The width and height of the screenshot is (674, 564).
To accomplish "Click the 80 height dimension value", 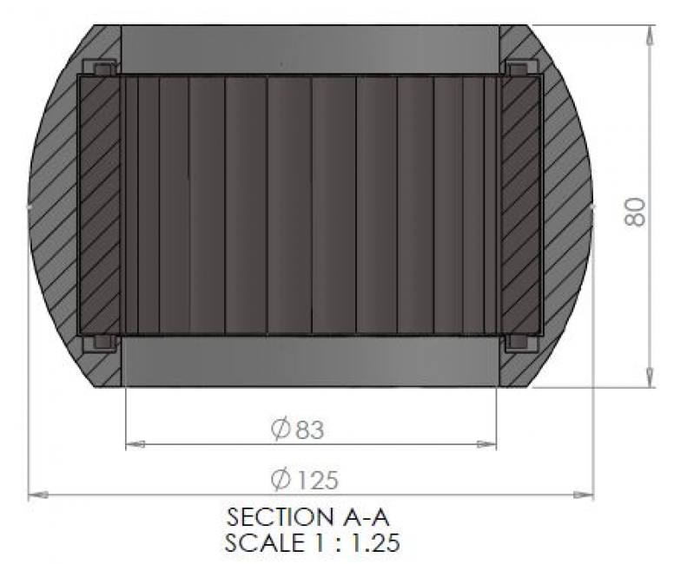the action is click(x=634, y=212).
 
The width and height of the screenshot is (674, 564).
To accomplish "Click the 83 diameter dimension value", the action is click(x=309, y=430).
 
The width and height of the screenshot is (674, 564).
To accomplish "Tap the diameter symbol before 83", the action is click(x=281, y=430).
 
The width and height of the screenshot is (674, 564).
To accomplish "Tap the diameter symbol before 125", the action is click(x=281, y=479).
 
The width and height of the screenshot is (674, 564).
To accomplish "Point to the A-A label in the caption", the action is click(x=367, y=517).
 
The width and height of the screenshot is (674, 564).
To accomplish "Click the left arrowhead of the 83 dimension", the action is click(x=135, y=444).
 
